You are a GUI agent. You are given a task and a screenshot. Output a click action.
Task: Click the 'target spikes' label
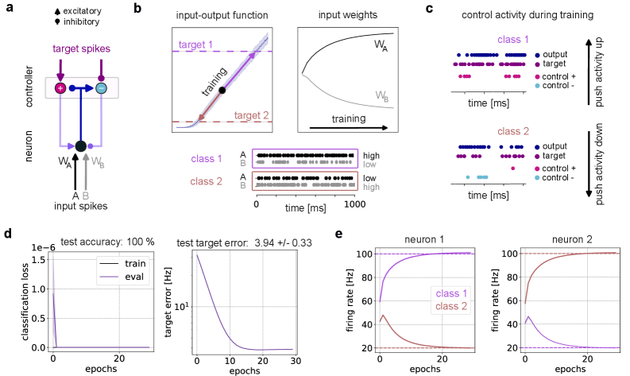[x=81, y=48]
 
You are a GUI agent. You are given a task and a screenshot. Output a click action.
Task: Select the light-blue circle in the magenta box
[x=101, y=88]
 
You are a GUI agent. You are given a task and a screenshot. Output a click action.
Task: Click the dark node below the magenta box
[x=80, y=145]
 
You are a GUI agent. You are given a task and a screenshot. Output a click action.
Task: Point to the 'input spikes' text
[x=80, y=206]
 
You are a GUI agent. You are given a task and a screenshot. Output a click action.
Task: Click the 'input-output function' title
[x=222, y=15]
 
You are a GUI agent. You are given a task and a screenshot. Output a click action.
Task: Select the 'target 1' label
[x=196, y=44]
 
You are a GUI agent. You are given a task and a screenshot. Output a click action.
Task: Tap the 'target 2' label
[x=251, y=115]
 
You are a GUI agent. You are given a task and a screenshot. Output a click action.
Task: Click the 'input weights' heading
[x=347, y=15]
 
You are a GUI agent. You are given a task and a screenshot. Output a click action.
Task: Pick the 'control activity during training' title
[x=527, y=15]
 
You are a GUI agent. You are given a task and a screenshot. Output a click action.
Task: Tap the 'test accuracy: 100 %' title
[x=107, y=242]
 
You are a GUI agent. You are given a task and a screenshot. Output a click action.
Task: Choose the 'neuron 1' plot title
[x=425, y=239]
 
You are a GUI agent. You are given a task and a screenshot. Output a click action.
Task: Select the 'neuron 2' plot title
[x=570, y=239]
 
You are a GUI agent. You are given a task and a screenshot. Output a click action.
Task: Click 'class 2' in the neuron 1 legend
[x=451, y=306]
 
